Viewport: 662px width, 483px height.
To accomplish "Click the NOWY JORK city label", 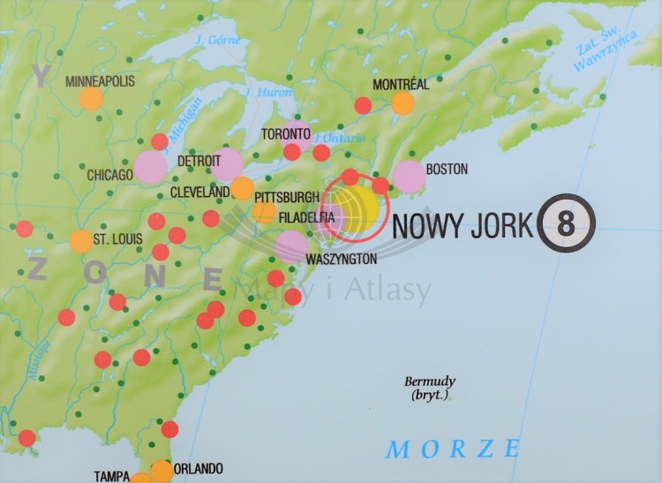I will click(x=463, y=225).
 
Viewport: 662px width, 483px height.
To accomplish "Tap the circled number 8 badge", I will click(x=567, y=223).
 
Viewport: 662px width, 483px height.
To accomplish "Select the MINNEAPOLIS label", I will click(x=100, y=81).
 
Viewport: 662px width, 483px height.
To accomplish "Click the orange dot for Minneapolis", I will click(x=91, y=98).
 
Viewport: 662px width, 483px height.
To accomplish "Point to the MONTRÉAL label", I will click(x=401, y=85).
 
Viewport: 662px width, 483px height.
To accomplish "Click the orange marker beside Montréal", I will click(x=402, y=103).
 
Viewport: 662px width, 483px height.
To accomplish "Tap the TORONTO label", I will click(x=287, y=134).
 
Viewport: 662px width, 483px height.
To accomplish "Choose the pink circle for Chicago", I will click(x=151, y=167).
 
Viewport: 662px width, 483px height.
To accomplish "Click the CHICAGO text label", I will click(x=109, y=175).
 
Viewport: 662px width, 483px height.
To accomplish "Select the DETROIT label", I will click(x=199, y=163).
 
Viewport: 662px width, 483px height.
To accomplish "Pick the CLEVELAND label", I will click(x=199, y=191).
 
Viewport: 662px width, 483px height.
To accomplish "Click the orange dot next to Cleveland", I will click(x=242, y=188).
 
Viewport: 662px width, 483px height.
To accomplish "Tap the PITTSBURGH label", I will click(x=286, y=196).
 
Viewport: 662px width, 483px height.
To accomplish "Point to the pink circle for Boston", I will click(x=409, y=177).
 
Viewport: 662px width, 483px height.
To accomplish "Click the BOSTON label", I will click(x=447, y=168).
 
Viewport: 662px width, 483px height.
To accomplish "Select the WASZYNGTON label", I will click(x=341, y=259).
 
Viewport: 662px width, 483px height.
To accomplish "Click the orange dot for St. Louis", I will click(x=80, y=241).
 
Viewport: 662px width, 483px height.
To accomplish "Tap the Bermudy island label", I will click(x=430, y=388).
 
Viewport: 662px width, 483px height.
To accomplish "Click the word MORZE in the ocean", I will click(x=453, y=449).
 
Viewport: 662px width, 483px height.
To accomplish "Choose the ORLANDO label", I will click(x=199, y=469).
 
